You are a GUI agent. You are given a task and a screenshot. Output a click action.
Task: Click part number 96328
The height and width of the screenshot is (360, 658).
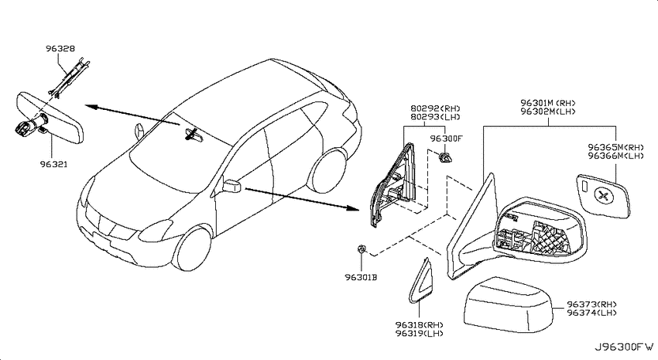click(60, 49)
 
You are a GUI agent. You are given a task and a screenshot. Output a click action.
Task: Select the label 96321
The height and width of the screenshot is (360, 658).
click(53, 164)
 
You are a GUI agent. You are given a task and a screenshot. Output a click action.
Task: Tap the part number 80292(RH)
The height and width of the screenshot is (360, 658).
click(435, 108)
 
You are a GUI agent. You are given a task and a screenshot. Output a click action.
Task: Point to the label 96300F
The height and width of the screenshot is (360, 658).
click(446, 139)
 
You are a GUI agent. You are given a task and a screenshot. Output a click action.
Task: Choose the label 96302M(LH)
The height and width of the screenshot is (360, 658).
click(547, 111)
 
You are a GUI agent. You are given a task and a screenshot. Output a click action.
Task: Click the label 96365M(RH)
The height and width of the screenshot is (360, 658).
click(615, 147)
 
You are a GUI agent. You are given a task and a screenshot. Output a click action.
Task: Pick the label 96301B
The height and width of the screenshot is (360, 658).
click(361, 277)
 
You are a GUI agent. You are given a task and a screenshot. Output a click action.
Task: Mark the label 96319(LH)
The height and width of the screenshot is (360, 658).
click(419, 333)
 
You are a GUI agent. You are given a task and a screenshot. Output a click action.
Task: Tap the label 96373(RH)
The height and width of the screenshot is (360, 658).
click(591, 304)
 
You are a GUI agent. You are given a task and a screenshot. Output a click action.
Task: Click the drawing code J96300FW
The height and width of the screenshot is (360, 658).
click(624, 347)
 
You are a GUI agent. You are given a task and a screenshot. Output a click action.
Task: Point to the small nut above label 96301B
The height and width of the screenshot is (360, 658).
click(360, 249)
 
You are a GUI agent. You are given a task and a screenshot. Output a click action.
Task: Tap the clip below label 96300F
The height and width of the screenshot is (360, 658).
click(445, 158)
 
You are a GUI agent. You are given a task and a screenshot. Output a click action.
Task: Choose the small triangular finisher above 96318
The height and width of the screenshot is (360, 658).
click(420, 281)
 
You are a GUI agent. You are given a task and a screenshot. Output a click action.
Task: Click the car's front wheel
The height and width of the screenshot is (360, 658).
click(192, 249)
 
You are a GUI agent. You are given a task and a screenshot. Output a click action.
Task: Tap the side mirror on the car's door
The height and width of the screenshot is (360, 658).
click(231, 186)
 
